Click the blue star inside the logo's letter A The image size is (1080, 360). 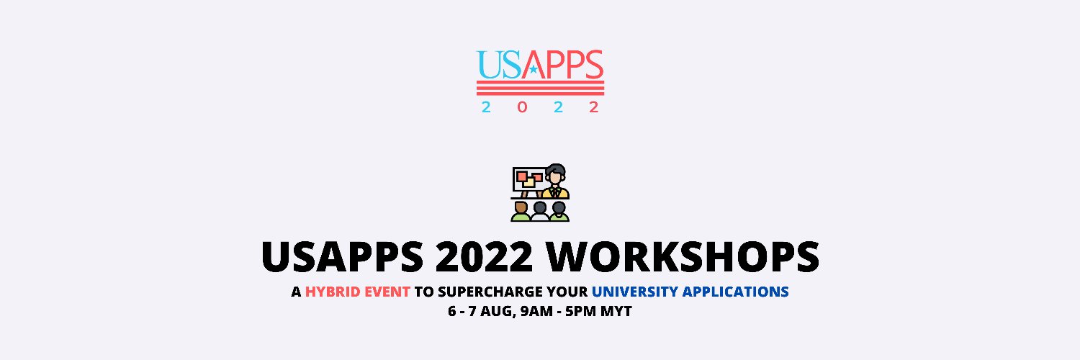(x=534, y=70)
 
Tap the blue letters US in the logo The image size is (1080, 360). (x=498, y=65)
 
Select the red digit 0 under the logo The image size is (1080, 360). (x=521, y=107)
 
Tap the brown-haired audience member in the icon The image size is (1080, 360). (x=521, y=210)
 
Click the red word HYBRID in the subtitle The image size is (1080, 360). (x=330, y=292)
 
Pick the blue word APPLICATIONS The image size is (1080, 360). (x=736, y=292)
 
